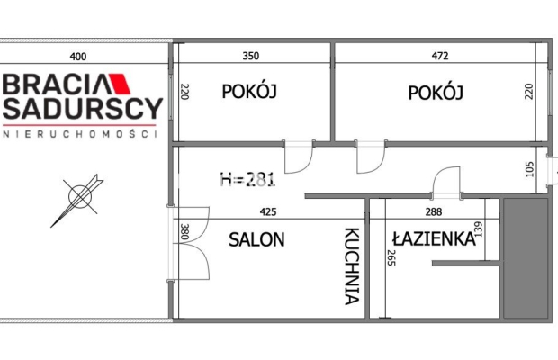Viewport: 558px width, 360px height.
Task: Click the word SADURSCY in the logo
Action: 81,110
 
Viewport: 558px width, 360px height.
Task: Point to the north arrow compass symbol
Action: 77,200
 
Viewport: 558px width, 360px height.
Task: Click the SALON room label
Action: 256,240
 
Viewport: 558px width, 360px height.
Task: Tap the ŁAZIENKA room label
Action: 433,238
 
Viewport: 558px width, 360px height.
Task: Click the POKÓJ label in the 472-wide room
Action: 435,93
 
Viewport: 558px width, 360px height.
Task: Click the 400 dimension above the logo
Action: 78,57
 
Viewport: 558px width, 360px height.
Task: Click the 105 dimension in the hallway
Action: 529,169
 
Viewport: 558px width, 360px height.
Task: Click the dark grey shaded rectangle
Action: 526,258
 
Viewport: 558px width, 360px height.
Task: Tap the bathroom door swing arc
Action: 445,184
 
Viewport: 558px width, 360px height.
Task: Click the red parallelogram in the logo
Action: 121,85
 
